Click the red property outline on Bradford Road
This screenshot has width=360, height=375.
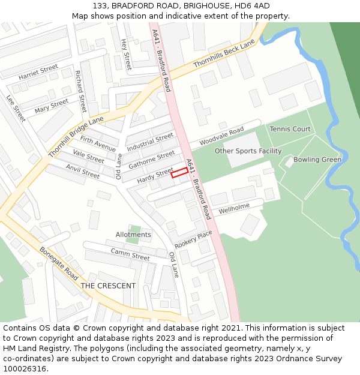coord(180,173)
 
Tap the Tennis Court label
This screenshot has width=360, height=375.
coord(290,129)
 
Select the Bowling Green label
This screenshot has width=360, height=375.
coord(317,160)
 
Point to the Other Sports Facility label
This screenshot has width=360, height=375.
coord(248,151)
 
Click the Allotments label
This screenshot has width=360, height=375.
coord(133,235)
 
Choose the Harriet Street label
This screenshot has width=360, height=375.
coord(38,72)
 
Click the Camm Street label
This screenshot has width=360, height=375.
coord(130,254)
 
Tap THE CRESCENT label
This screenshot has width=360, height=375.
coord(108,286)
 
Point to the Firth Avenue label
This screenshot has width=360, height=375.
coord(98,144)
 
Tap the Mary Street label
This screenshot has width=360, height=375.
coord(51,106)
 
